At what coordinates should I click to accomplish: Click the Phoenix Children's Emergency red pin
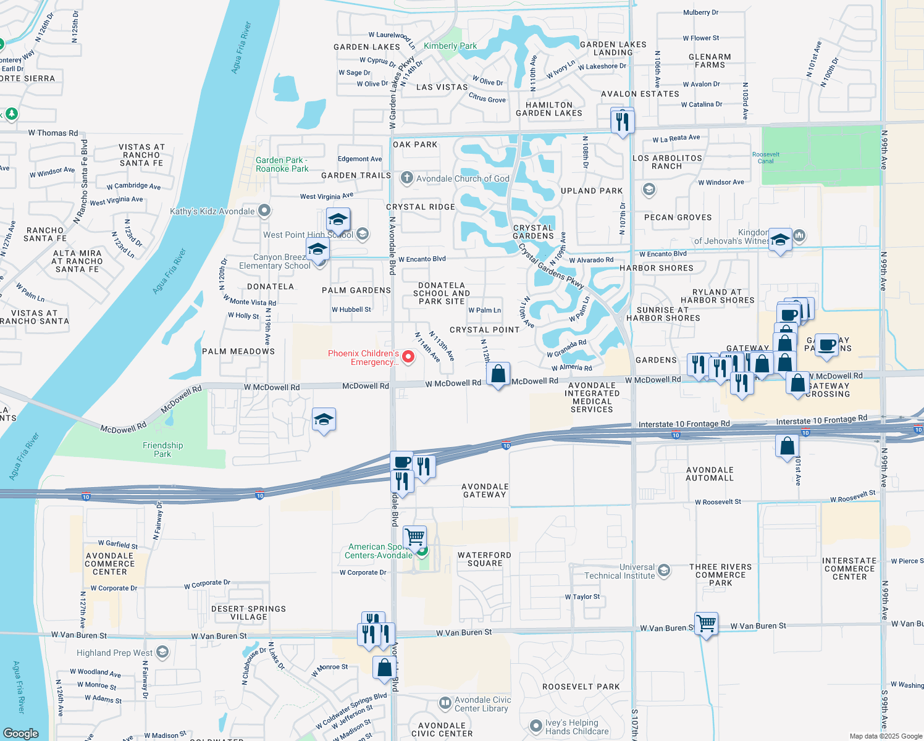[408, 357]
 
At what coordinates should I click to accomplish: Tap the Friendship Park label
[162, 450]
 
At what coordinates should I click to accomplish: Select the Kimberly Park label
[450, 46]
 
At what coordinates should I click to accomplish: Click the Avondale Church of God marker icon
[406, 178]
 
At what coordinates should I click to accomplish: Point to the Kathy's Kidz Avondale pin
[264, 211]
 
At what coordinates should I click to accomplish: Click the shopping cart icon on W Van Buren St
[706, 624]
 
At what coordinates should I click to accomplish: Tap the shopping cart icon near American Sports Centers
[414, 537]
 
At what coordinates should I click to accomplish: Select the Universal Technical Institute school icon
[664, 570]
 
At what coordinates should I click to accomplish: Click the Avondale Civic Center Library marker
[445, 703]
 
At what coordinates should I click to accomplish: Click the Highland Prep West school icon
[162, 652]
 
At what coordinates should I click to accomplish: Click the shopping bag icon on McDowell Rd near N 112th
[498, 374]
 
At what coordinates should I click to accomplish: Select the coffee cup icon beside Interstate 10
[401, 462]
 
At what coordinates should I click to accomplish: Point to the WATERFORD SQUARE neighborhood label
[484, 559]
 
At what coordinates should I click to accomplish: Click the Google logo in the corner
[21, 733]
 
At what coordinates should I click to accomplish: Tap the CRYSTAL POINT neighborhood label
[484, 330]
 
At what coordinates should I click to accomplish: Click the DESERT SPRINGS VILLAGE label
[248, 613]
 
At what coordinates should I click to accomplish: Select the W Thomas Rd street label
[53, 133]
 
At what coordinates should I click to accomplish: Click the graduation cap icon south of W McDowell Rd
[324, 420]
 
